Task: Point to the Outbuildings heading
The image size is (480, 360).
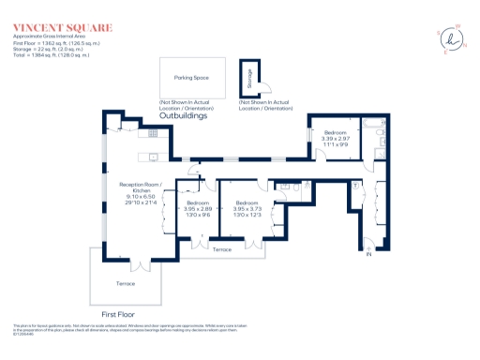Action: (x=208, y=115)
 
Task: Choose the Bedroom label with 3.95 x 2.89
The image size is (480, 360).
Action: (x=198, y=203)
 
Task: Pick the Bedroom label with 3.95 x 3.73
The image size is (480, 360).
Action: (x=247, y=203)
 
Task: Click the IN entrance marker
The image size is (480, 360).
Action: (x=368, y=254)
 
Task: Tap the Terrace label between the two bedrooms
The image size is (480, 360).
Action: (x=222, y=249)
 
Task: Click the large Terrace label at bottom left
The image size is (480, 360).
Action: (x=126, y=283)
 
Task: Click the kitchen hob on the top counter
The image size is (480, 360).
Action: (x=153, y=133)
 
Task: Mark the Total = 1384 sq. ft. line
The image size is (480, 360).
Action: (x=52, y=53)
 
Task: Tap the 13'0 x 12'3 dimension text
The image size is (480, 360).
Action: (x=247, y=216)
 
